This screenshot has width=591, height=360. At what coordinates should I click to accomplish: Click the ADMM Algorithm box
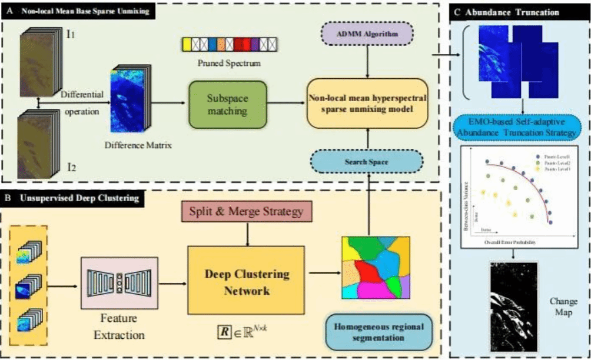[368, 35]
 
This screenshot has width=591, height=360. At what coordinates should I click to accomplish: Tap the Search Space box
[368, 160]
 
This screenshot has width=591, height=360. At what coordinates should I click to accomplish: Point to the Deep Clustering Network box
[246, 281]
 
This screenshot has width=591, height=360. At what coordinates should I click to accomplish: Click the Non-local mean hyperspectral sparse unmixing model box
[368, 104]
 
